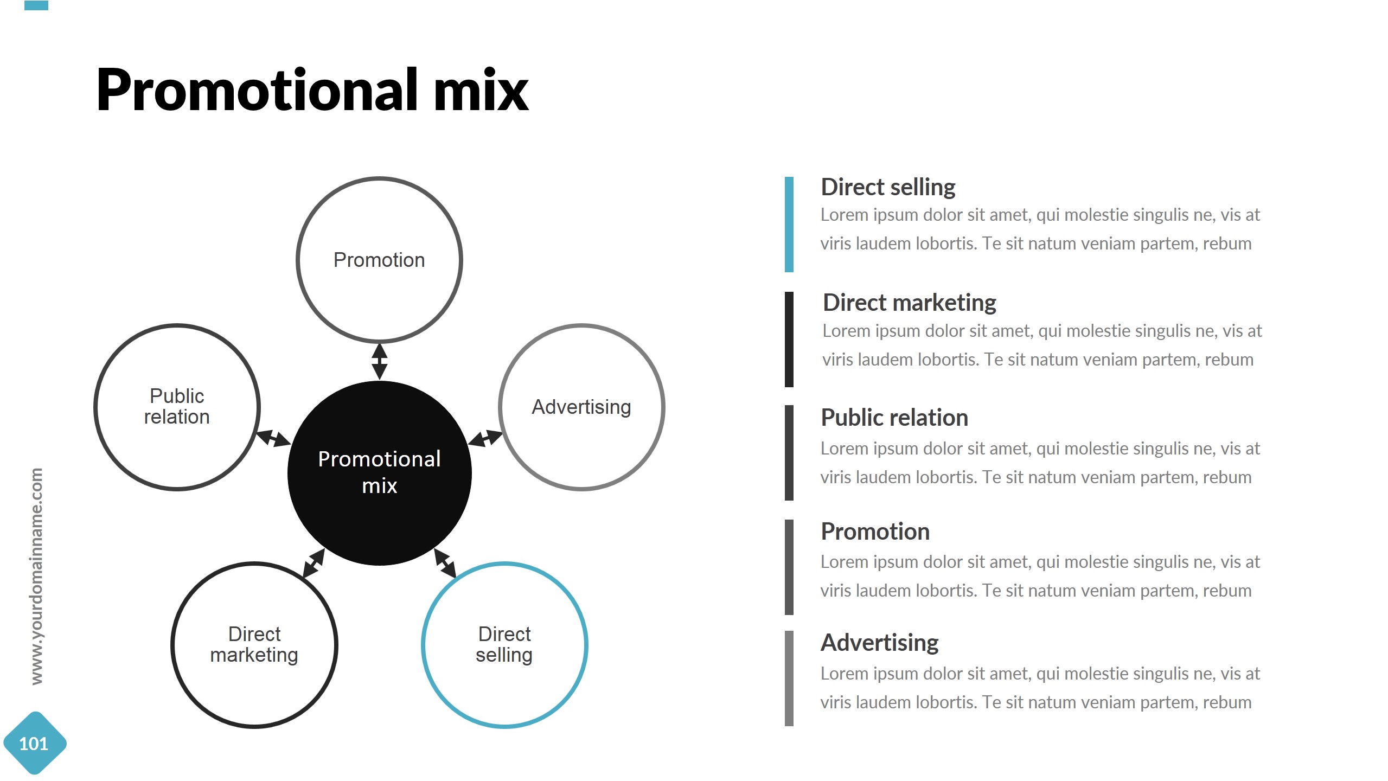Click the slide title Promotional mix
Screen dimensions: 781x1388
click(x=312, y=90)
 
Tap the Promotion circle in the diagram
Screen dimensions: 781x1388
click(x=379, y=260)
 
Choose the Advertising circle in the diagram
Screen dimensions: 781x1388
click(x=581, y=407)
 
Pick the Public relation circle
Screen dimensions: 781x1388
click(x=177, y=407)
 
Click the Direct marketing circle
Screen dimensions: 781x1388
click(x=254, y=644)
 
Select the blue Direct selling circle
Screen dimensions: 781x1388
click(x=504, y=644)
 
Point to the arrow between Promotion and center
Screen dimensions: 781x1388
click(x=379, y=361)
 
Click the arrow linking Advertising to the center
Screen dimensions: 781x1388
click(x=485, y=438)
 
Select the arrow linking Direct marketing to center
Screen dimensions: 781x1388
click(x=314, y=563)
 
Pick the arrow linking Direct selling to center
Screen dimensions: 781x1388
click(x=445, y=563)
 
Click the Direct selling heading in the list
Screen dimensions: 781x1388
click(x=888, y=187)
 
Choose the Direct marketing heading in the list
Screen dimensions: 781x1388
click(x=909, y=303)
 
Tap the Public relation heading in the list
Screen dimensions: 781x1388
click(x=894, y=418)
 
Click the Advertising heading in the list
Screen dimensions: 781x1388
click(x=879, y=643)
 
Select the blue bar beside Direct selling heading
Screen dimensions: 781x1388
click(x=789, y=224)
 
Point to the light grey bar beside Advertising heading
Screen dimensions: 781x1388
click(x=789, y=678)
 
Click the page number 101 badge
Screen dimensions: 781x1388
click(x=34, y=744)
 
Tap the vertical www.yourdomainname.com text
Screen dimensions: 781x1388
click(x=36, y=576)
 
